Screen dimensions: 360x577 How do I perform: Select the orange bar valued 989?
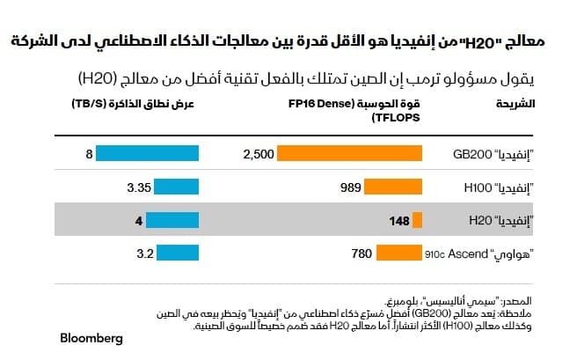pos(389,187)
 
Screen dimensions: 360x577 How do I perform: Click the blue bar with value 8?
pos(148,154)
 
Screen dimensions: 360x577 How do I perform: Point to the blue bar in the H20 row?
pos(175,221)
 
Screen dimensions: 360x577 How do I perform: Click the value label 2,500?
pos(259,154)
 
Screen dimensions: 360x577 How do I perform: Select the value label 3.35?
pos(141,187)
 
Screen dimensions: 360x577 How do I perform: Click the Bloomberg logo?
pos(91,338)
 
